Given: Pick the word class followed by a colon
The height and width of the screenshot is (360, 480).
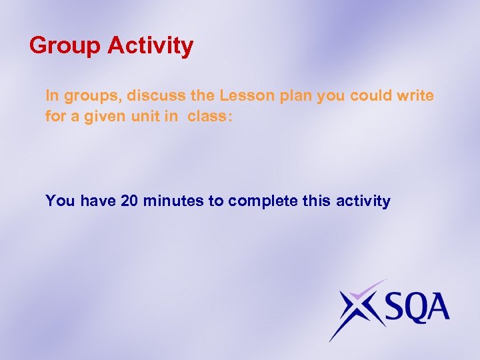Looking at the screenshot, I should (x=209, y=116).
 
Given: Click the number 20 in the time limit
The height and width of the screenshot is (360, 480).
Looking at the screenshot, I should (x=130, y=201).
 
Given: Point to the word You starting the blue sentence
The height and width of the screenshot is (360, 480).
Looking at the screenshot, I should (x=60, y=201).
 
